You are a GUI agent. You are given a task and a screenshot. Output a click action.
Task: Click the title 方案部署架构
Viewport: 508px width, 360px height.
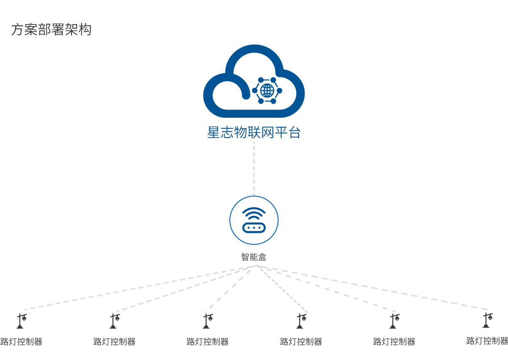[x=51, y=30]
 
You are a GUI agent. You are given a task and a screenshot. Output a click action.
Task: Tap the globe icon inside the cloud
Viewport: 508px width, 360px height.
[x=267, y=90]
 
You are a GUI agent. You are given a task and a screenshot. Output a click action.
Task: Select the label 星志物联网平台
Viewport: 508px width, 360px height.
[x=254, y=133]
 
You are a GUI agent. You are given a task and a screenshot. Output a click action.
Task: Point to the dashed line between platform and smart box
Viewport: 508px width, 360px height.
[x=254, y=169]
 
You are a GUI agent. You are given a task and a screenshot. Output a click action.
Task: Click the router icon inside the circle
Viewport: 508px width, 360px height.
[x=254, y=227]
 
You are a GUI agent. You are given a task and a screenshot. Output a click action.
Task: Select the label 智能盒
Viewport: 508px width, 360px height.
[x=254, y=257]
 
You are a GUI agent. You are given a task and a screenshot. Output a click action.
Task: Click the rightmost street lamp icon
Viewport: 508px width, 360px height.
[x=487, y=320]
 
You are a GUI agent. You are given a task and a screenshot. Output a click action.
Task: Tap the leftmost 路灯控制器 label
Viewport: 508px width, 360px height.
[x=21, y=342]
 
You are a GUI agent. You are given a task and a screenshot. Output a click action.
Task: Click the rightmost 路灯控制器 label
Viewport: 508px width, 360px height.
[x=487, y=341]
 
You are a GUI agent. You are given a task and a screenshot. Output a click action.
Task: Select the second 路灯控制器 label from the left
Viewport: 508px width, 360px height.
[x=114, y=342]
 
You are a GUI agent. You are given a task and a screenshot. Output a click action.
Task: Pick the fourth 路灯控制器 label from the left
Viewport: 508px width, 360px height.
[x=301, y=342]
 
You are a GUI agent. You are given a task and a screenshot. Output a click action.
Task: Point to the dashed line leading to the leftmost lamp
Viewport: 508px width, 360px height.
[x=140, y=288]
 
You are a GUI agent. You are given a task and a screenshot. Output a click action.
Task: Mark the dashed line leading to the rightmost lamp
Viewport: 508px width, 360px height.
[x=373, y=288]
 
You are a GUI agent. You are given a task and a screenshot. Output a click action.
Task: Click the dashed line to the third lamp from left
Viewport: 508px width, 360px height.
[x=231, y=289]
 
